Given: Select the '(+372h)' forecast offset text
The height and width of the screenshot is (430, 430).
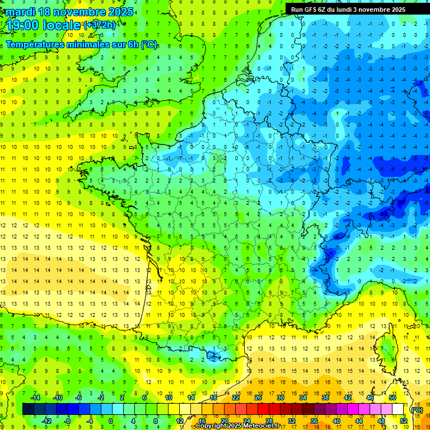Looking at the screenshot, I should pos(100,25).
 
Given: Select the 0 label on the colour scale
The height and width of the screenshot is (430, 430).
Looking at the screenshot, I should pos(111,420).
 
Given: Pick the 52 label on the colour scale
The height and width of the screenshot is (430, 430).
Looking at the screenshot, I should pos(404,420).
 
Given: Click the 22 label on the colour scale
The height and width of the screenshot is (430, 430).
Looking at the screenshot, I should pos(236,398).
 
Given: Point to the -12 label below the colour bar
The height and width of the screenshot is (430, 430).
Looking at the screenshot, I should pos(47,420).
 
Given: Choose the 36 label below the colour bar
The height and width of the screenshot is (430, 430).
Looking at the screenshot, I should pos(314,420).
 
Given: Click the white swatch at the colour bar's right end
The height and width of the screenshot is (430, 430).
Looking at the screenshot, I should pos(398,409).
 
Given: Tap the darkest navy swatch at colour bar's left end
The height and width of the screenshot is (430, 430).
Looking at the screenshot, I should pos(28,409).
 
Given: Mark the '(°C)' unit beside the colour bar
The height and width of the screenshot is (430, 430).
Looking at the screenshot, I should pos(417,409).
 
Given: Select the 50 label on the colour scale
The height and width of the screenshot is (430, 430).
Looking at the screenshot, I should pos(392,398).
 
